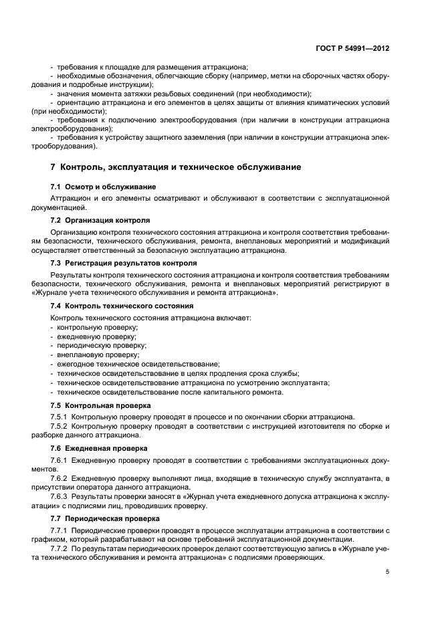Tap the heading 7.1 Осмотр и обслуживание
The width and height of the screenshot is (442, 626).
[x=104, y=186]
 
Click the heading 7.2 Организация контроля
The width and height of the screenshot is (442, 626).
[x=100, y=220]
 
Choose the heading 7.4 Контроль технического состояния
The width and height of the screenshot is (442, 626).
[x=118, y=306]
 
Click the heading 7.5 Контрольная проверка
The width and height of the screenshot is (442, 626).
[x=100, y=405]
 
